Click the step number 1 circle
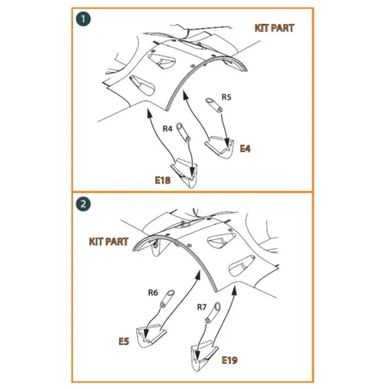point(83,19)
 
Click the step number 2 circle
point(83,204)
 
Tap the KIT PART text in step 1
point(274,28)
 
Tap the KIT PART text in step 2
point(109,242)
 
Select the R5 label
point(226,97)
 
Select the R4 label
point(168,129)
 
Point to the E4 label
point(245,149)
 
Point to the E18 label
point(163,180)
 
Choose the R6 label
point(153,293)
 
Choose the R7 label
point(202,307)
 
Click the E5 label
point(124,342)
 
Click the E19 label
point(229,360)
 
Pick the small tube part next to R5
point(214,105)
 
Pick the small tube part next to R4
point(183,132)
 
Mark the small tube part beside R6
point(168,298)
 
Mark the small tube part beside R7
point(213,313)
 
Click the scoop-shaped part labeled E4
point(220,147)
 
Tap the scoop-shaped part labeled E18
point(184,173)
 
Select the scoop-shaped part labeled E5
point(151,335)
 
